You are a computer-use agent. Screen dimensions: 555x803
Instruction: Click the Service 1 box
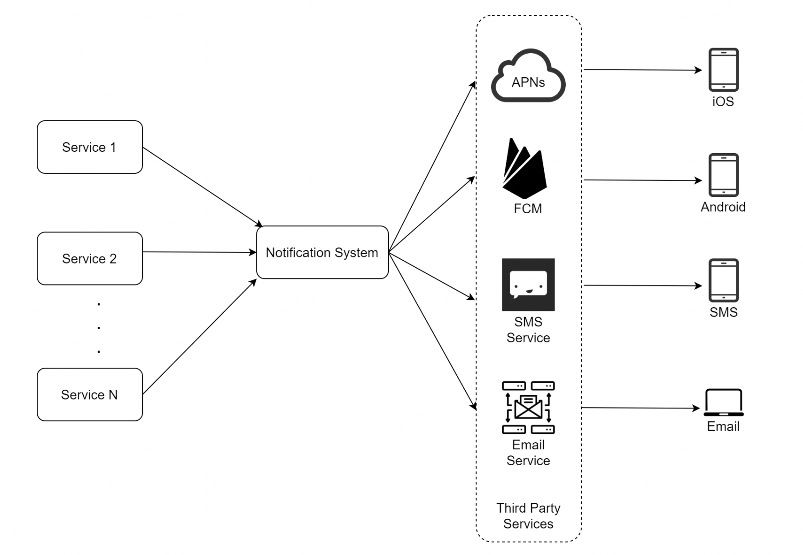[90, 147]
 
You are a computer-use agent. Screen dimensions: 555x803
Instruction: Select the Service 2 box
[90, 258]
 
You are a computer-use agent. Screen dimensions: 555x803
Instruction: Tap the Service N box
[90, 394]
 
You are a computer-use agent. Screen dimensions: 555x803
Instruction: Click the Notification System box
[322, 252]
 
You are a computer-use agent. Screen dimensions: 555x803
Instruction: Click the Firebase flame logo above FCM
[524, 169]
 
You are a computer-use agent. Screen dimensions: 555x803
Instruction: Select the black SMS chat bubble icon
[528, 284]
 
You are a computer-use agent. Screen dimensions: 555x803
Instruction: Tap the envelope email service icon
[528, 407]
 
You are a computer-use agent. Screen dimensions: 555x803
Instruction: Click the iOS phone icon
[723, 70]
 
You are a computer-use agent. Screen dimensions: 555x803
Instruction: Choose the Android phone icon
[723, 175]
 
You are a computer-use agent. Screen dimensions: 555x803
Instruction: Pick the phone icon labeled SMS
[723, 280]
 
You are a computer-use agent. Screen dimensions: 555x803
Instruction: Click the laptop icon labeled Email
[723, 403]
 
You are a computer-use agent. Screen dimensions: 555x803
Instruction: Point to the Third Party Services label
[528, 515]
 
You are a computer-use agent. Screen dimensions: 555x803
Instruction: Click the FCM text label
[528, 209]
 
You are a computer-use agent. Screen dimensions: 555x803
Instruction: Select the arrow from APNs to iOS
[642, 70]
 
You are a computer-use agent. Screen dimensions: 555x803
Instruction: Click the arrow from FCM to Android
[642, 180]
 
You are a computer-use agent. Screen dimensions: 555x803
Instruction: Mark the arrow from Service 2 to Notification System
[199, 252]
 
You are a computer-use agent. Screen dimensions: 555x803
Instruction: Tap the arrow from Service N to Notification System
[199, 337]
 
